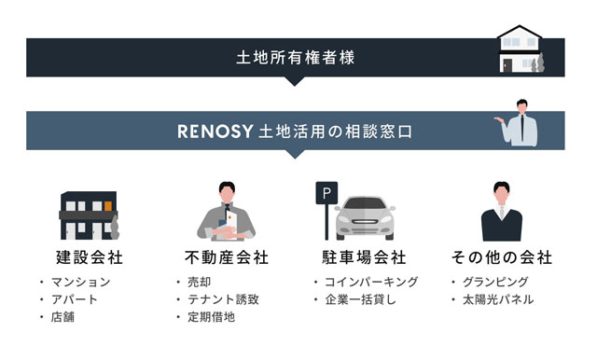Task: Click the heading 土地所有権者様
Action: click(x=296, y=58)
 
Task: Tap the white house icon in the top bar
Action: click(x=521, y=48)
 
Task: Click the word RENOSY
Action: click(x=215, y=132)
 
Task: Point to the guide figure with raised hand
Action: click(x=517, y=123)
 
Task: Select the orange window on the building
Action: click(x=108, y=206)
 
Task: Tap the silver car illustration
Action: click(x=365, y=218)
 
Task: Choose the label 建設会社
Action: click(x=90, y=257)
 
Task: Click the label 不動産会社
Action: click(x=227, y=257)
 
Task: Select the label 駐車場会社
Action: click(x=364, y=257)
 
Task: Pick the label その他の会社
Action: click(x=502, y=257)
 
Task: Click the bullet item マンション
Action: click(x=81, y=282)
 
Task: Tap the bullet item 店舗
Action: click(x=62, y=317)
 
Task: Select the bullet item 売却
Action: click(x=199, y=282)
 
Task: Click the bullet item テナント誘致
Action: click(x=223, y=299)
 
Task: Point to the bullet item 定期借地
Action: click(x=212, y=317)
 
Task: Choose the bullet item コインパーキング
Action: click(x=371, y=282)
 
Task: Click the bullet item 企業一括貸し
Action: click(x=361, y=299)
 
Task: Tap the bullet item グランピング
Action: click(x=495, y=282)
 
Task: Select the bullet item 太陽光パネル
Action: click(x=498, y=299)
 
